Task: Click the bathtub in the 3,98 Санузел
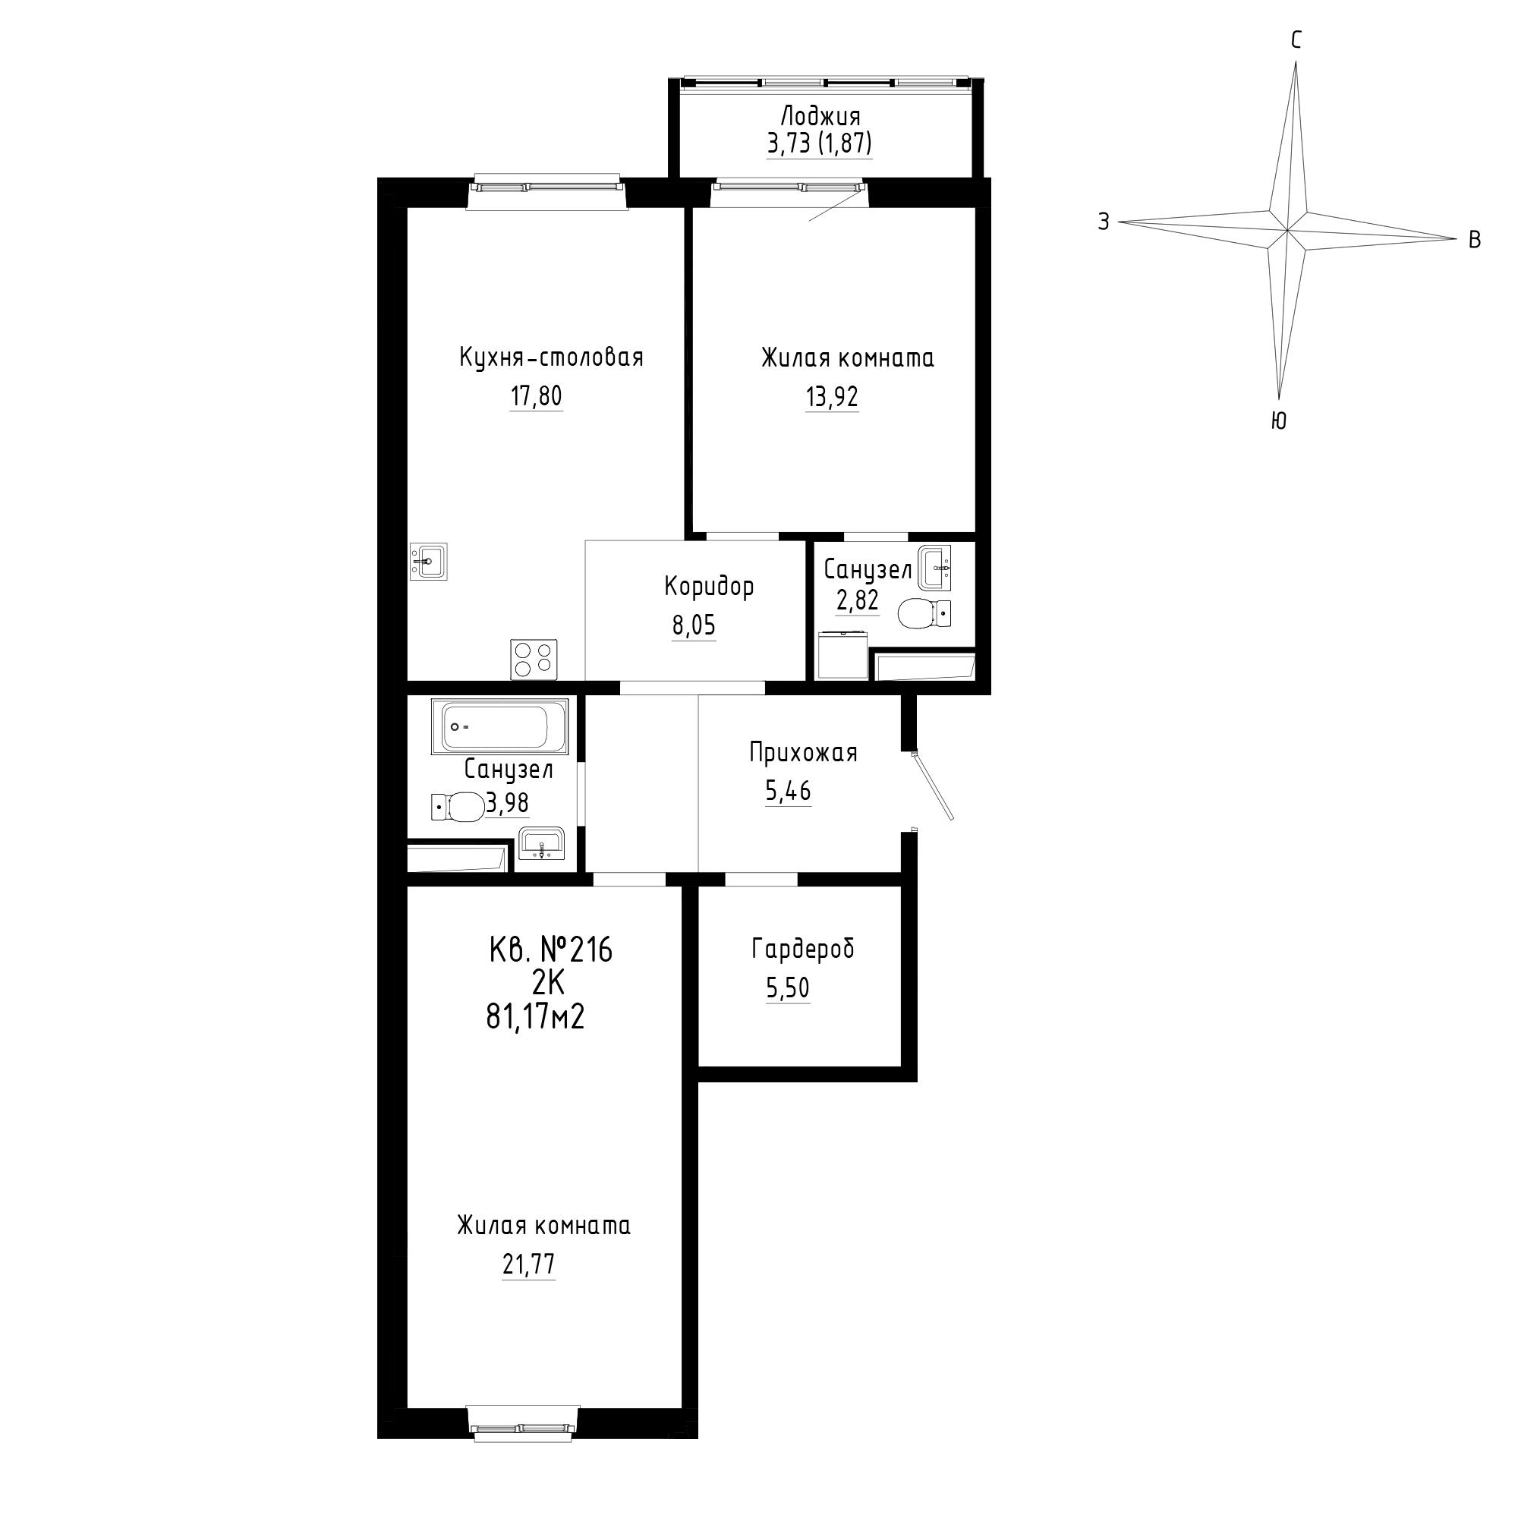(x=499, y=727)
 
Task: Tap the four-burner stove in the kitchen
(x=534, y=660)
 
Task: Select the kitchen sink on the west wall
(x=428, y=561)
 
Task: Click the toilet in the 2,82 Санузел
(x=923, y=613)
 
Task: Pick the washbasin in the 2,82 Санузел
(x=934, y=567)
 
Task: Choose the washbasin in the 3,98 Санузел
(x=540, y=843)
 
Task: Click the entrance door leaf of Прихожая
(x=934, y=786)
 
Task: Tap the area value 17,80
(x=537, y=397)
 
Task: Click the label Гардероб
(x=803, y=950)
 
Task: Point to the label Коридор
(x=710, y=587)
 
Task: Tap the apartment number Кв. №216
(x=550, y=951)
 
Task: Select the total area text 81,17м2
(x=536, y=1019)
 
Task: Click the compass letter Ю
(x=1278, y=422)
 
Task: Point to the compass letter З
(x=1104, y=222)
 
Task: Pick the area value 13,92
(x=832, y=398)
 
